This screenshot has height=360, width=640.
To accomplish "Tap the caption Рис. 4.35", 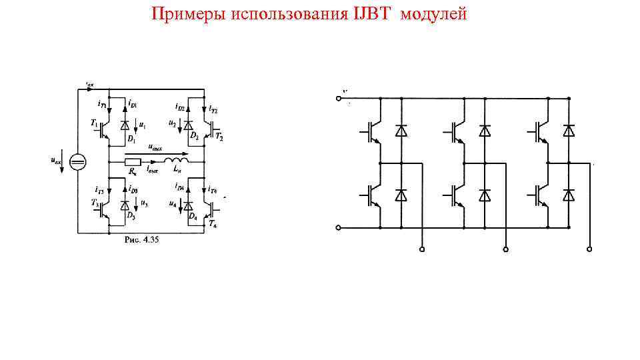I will point(141,239).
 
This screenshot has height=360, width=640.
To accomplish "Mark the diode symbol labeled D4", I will point(189,205).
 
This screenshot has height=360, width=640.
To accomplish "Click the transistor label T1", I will point(94,125).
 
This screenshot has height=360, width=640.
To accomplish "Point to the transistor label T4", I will point(213,225).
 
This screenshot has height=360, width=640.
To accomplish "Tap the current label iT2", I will point(213,108).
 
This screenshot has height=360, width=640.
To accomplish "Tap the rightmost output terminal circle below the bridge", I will point(589,249).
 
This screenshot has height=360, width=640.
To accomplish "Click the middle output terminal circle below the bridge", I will point(506,249).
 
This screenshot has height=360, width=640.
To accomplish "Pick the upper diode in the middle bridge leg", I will point(485,131).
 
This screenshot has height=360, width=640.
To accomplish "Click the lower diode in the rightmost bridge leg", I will point(568,195).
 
